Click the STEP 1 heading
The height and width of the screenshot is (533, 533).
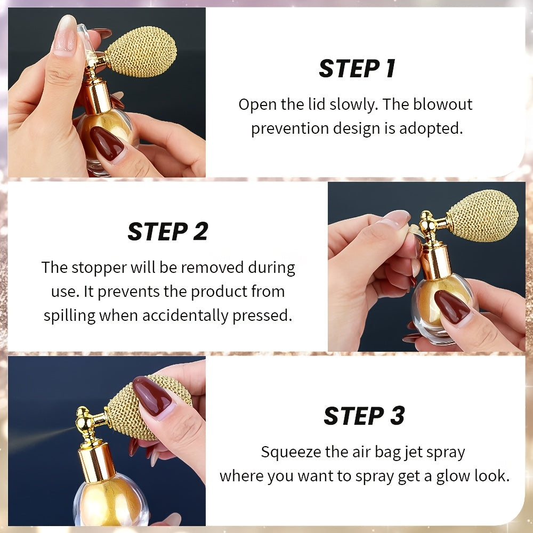(x=357, y=69)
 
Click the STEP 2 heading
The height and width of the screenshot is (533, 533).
(x=167, y=231)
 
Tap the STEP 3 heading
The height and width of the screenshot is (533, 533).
(x=364, y=416)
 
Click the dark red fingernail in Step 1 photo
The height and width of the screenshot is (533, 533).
(x=107, y=143)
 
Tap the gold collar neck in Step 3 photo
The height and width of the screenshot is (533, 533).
(x=96, y=462)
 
